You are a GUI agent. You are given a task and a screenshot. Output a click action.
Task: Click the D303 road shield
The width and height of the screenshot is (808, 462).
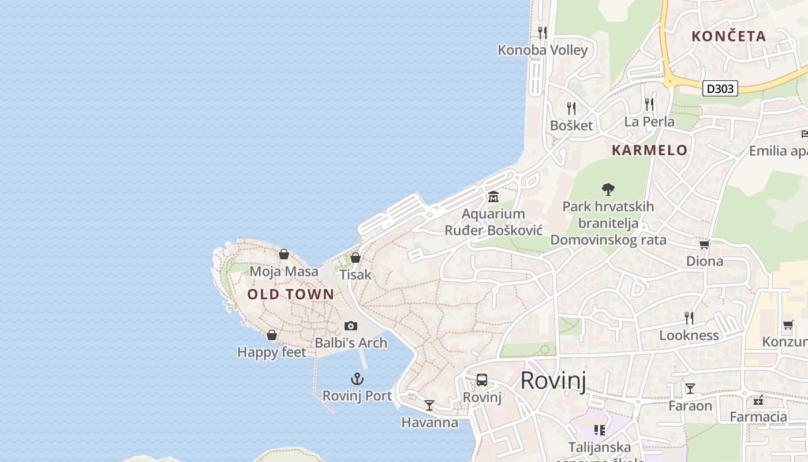pyautogui.click(x=720, y=88)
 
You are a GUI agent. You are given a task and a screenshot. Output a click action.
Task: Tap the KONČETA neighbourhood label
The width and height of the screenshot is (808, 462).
pyautogui.click(x=728, y=36)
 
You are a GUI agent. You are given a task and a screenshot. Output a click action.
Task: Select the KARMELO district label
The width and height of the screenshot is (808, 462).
pyautogui.click(x=649, y=150)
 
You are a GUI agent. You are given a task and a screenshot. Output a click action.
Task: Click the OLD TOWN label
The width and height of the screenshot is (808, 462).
pyautogui.click(x=291, y=294)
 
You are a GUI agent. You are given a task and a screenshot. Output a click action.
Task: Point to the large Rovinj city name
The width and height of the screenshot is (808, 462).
pyautogui.click(x=553, y=381)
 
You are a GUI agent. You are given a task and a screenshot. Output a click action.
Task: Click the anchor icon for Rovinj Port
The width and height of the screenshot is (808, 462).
pyautogui.click(x=357, y=379)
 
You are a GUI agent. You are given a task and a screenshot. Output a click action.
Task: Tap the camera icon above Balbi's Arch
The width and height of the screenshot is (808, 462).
pyautogui.click(x=350, y=326)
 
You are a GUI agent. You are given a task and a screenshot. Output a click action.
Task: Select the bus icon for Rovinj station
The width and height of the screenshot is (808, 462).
pyautogui.click(x=482, y=380)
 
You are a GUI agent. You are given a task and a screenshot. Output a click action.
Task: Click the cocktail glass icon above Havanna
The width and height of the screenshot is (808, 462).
pyautogui.click(x=429, y=405)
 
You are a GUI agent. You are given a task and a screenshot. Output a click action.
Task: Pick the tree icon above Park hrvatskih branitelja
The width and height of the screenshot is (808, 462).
pyautogui.click(x=608, y=189)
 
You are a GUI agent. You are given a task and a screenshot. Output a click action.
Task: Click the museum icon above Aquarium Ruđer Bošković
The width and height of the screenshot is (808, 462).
pyautogui.click(x=493, y=197)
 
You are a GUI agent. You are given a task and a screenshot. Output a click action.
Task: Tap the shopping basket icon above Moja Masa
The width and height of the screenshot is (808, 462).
pyautogui.click(x=284, y=254)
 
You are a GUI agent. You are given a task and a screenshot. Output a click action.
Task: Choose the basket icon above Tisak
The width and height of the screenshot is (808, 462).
pyautogui.click(x=356, y=258)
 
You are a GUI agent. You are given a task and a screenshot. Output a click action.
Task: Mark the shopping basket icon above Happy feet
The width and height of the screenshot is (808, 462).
pyautogui.click(x=272, y=335)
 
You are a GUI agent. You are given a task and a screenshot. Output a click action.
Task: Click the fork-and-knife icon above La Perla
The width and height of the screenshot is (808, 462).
pyautogui.click(x=649, y=105)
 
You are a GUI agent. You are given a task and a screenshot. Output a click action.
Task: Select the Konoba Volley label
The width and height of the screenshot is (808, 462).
pyautogui.click(x=543, y=50)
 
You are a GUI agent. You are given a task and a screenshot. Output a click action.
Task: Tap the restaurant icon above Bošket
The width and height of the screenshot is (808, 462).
pyautogui.click(x=571, y=109)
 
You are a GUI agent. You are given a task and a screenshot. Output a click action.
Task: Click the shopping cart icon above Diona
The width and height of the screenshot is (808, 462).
pyautogui.click(x=704, y=244)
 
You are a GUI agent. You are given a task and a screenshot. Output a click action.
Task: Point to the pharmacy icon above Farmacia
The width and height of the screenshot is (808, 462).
pyautogui.click(x=758, y=400)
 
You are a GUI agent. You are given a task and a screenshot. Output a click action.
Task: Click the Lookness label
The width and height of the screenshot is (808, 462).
pyautogui.click(x=689, y=336)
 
